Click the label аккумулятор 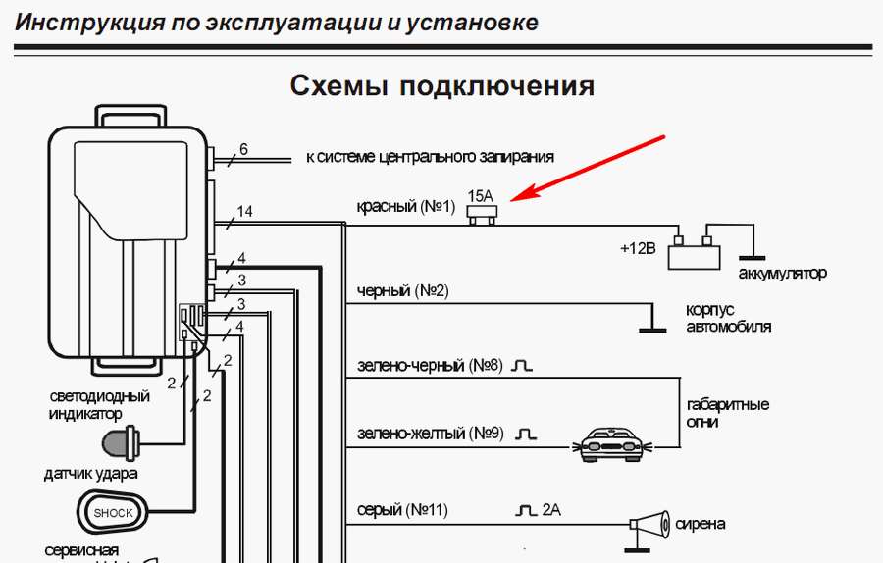pyautogui.click(x=782, y=273)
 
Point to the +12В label pyautogui.click(x=637, y=248)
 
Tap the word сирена pyautogui.click(x=701, y=525)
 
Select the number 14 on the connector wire pyautogui.click(x=244, y=211)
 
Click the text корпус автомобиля pyautogui.click(x=728, y=318)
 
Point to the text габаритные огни pyautogui.click(x=727, y=413)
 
